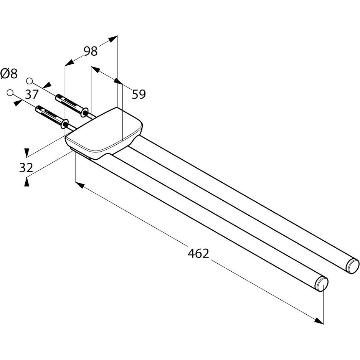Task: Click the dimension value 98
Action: [x=91, y=51]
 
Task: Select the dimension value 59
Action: [x=139, y=94]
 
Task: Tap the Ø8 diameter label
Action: [x=9, y=73]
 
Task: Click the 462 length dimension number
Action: [x=198, y=253]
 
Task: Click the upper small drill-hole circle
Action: [x=29, y=81]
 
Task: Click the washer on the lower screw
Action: [x=66, y=124]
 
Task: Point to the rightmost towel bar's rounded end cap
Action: [x=353, y=266]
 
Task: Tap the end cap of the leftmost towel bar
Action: [x=322, y=284]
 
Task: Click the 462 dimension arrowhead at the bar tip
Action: [x=319, y=320]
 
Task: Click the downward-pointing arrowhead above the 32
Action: [x=26, y=153]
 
